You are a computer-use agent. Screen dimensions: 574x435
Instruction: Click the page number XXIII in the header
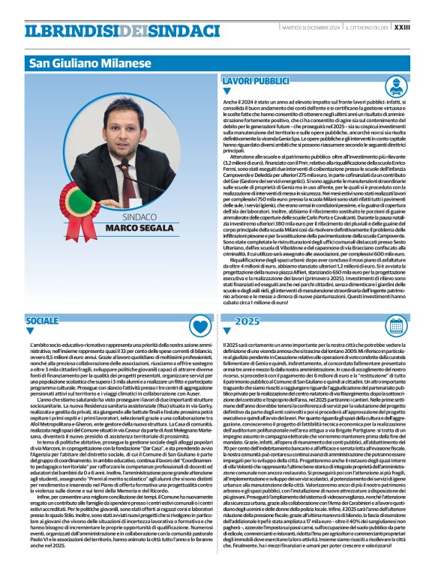click(x=422, y=28)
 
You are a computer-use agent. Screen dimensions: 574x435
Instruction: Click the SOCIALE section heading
click(x=42, y=321)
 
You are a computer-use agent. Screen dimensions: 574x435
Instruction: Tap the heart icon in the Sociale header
click(x=199, y=324)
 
